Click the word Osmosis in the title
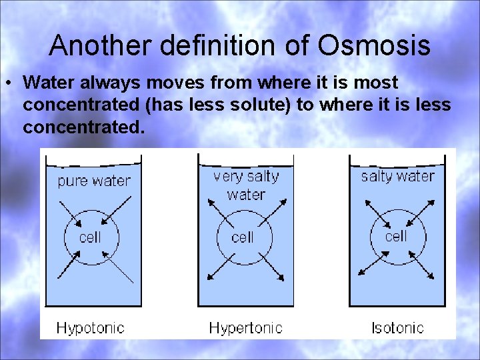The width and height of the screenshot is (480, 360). point(373,45)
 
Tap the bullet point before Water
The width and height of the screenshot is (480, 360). point(11,83)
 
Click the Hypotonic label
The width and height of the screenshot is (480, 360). point(90,327)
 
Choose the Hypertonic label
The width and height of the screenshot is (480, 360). point(245,327)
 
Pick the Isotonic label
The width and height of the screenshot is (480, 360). point(397,327)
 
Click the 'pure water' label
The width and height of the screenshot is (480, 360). point(93,181)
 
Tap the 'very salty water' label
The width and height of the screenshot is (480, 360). point(246,185)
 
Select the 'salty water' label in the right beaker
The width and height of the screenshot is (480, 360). point(397,176)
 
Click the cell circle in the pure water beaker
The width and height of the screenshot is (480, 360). point(91,237)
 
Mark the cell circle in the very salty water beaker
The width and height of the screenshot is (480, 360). point(243,237)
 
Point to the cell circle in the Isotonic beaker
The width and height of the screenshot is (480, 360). point(395,236)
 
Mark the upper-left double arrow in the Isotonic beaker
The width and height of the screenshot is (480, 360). point(371,209)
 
